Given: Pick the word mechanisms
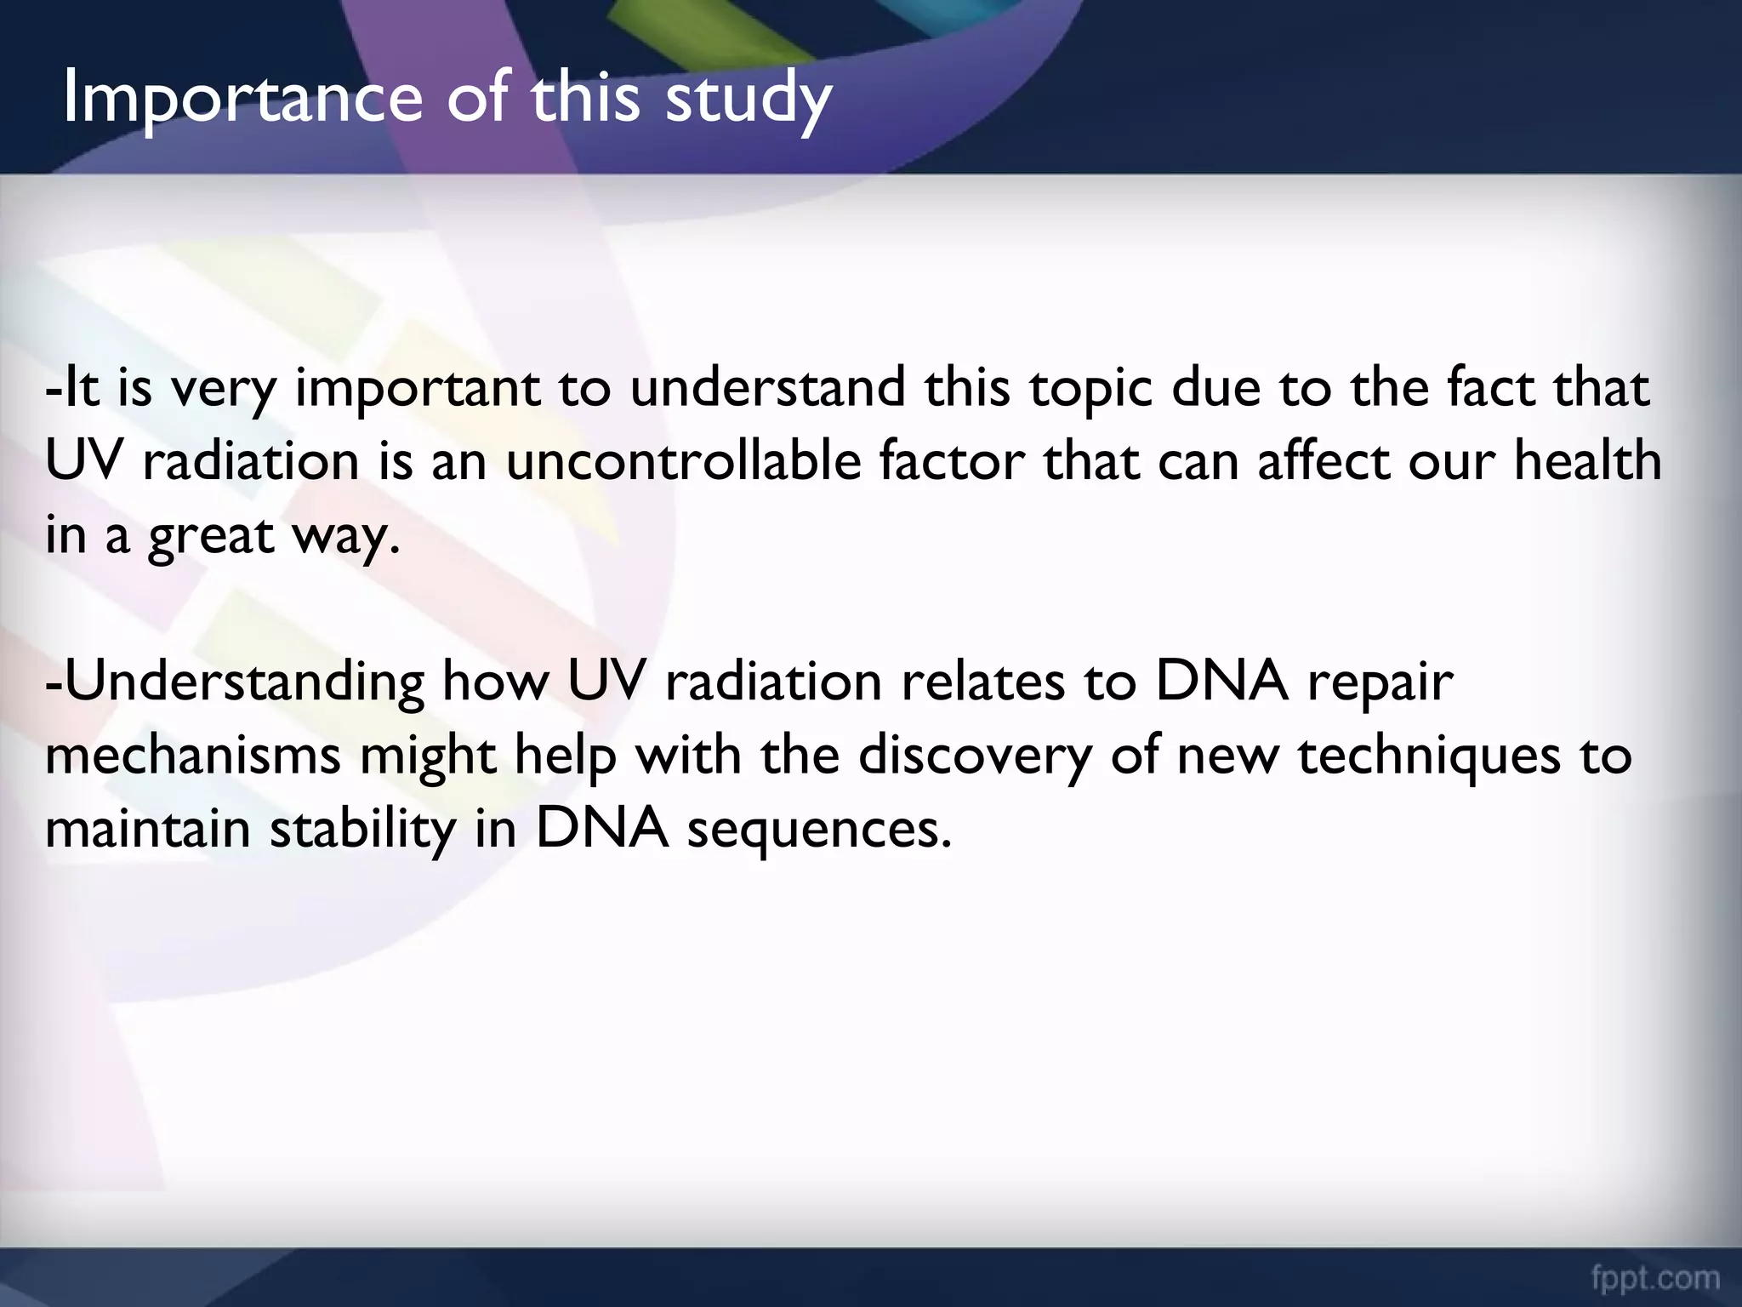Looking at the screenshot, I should tap(192, 756).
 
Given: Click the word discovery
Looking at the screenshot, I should tap(974, 756).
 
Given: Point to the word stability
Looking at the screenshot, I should tap(362, 829).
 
